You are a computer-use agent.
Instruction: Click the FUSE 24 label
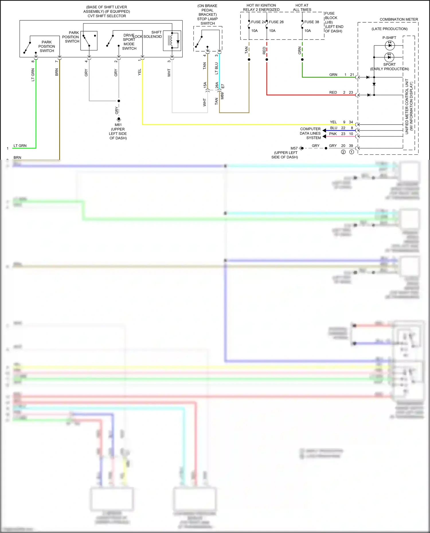258,22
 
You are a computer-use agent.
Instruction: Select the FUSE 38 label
311,22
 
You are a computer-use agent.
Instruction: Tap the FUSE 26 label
276,22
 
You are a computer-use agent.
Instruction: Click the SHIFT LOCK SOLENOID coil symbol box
172,41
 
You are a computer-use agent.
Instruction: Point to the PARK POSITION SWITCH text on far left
47,46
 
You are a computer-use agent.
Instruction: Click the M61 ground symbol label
118,125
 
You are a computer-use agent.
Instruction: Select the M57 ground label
294,148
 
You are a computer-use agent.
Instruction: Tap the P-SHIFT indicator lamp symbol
389,45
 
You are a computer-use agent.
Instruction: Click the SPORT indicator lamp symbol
389,57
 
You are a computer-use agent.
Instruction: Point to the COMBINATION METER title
399,19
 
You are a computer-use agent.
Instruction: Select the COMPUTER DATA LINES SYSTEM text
310,133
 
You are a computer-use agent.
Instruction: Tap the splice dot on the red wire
267,60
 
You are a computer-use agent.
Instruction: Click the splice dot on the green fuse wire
302,60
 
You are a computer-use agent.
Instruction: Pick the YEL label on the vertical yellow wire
140,72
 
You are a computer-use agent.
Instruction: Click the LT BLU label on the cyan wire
216,68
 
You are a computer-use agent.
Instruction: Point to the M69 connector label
222,96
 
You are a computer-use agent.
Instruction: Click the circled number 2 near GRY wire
343,152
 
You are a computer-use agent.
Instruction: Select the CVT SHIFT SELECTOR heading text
107,16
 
